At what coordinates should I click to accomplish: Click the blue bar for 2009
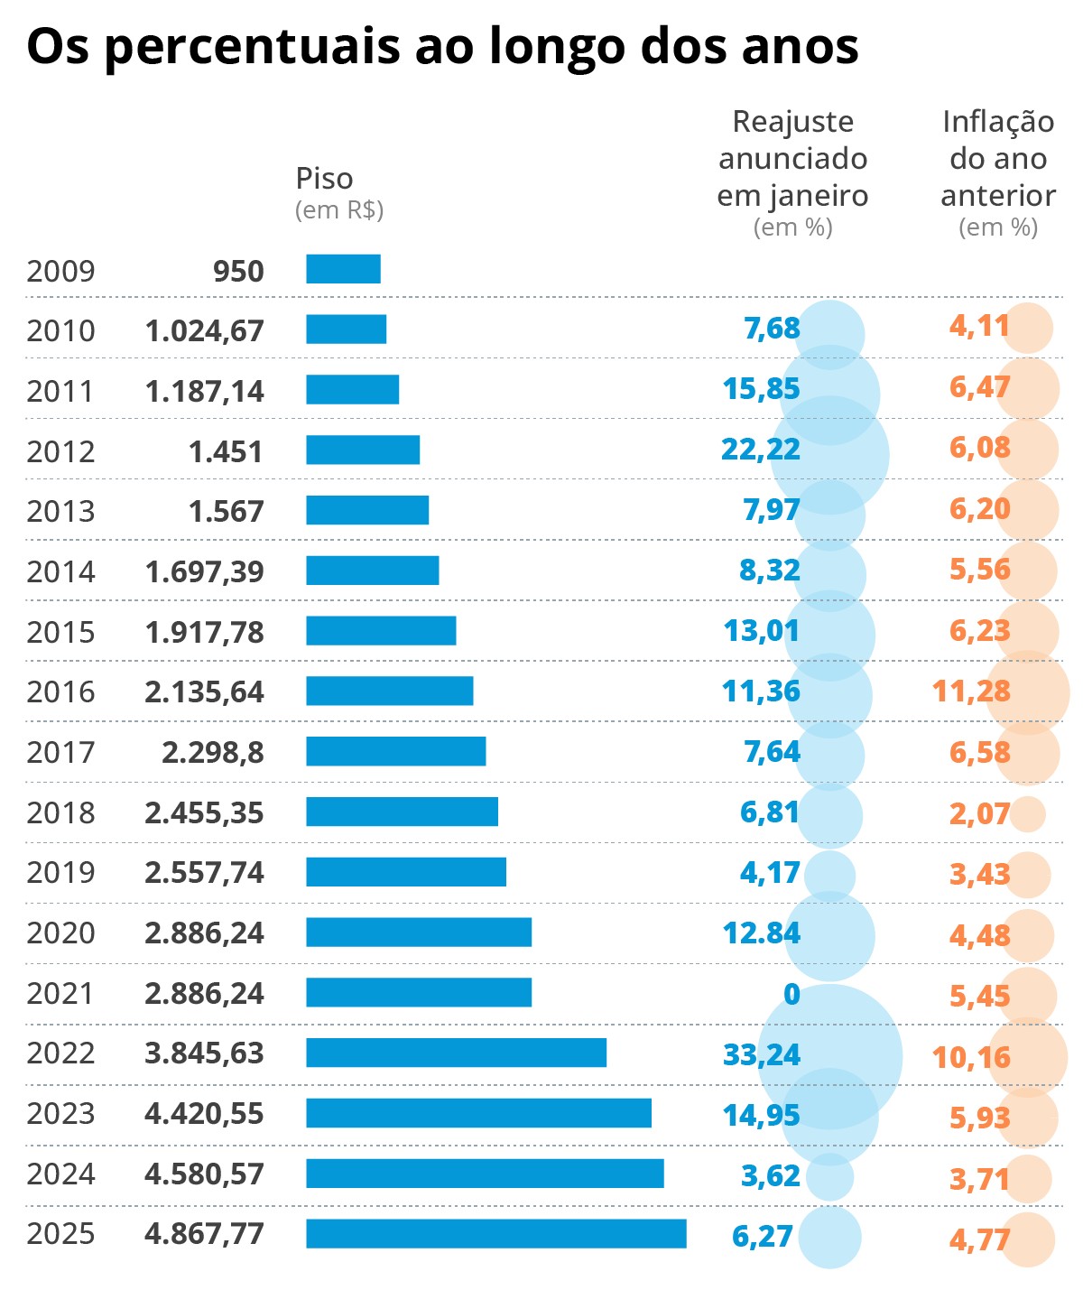[x=343, y=269]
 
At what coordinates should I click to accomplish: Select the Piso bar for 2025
[x=495, y=1233]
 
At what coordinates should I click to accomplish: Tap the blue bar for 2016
[x=389, y=691]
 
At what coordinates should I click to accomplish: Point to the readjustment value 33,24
[x=762, y=1054]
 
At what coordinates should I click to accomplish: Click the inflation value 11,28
[x=971, y=691]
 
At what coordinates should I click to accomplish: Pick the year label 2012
[x=60, y=450]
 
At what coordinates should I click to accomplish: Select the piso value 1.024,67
[x=204, y=330]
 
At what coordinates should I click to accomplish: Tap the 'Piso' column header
[x=324, y=178]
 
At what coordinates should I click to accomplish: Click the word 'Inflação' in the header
[x=997, y=121]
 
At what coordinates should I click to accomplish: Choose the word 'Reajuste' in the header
[x=792, y=121]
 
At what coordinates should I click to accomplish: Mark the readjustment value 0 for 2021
[x=791, y=994]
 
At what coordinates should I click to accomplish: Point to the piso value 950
[x=238, y=271]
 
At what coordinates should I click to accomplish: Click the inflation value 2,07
[x=979, y=813]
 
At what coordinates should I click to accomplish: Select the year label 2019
[x=60, y=872]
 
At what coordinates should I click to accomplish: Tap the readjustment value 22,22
[x=760, y=449]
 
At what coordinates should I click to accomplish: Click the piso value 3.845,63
[x=204, y=1053]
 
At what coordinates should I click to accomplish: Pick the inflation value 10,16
[x=971, y=1057]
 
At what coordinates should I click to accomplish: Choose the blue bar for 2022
[x=456, y=1053]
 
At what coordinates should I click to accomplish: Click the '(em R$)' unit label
[x=339, y=209]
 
